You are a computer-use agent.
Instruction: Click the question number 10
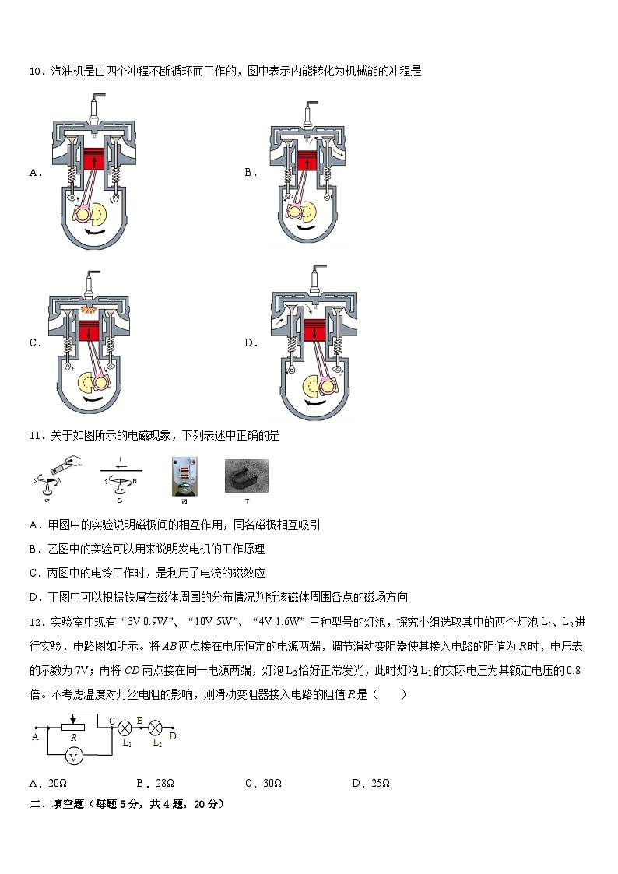click(x=36, y=72)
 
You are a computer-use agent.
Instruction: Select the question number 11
click(x=36, y=436)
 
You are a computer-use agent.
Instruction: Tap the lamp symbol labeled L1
click(x=123, y=728)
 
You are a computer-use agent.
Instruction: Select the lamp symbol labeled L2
click(x=155, y=728)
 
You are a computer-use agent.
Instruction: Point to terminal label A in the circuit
click(x=35, y=735)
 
